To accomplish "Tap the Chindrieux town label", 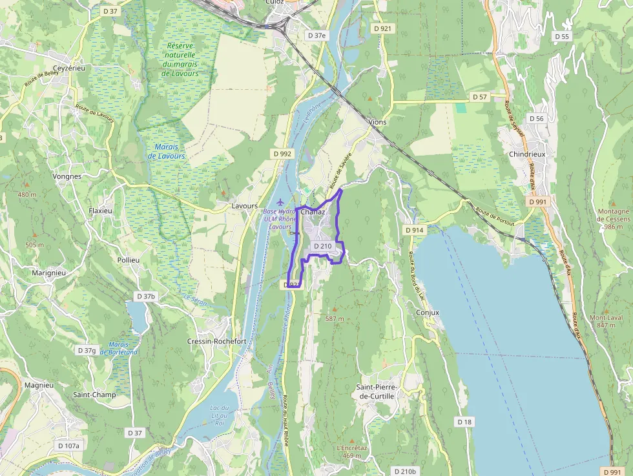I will point(528,155).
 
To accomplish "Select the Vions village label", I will point(377,121).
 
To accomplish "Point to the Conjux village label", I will point(428,313).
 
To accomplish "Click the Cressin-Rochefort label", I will point(216,341).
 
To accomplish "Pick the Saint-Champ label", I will point(94,395).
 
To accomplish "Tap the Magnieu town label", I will point(39,385).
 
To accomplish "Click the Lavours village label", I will point(245,207).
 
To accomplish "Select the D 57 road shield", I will point(479,97).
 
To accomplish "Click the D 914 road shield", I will point(414,230).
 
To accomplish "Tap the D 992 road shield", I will point(282,154).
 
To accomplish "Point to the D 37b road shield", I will point(146,296).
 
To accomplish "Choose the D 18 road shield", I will point(464,421).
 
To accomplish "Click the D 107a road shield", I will point(68,446).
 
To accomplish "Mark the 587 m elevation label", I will point(335,319).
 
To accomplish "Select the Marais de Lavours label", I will point(166,152).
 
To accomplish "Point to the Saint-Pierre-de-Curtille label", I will point(376,391).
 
